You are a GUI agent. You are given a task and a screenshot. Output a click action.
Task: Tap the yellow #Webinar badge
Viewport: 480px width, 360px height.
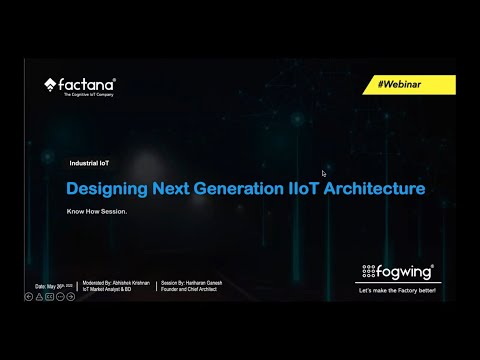point(411,87)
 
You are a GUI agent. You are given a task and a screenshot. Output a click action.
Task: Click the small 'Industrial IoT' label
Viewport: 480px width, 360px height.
point(90,163)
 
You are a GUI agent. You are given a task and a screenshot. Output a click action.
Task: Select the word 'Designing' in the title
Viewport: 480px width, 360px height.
point(106,188)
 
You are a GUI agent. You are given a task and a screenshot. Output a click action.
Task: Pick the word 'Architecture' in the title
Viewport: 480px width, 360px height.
point(371,188)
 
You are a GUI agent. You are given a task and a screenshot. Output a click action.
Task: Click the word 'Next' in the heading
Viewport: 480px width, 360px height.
point(169,188)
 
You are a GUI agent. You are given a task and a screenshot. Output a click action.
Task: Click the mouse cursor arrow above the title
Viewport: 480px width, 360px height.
point(324,174)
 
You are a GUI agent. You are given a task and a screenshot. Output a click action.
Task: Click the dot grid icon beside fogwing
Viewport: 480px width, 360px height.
point(370,271)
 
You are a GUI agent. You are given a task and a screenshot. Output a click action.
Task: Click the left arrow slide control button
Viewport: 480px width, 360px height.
point(29,296)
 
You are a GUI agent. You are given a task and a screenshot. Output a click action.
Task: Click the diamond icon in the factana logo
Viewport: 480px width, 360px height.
point(51,85)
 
